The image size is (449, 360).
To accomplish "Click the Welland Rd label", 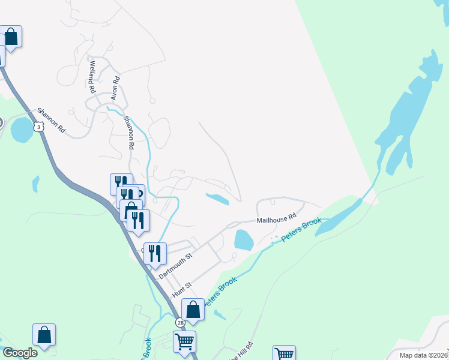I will tap(92, 77).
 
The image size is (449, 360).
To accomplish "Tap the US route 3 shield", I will tap(39, 127).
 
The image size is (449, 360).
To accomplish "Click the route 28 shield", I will tap(181, 322).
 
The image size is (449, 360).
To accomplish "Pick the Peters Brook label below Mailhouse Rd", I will tap(300, 231).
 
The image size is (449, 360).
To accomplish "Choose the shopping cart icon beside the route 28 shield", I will tap(185, 342).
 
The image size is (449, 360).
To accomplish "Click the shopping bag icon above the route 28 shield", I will tap(193, 311).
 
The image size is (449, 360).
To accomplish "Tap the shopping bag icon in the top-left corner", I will tap(11, 37).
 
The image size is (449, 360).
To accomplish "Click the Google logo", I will tap(20, 353).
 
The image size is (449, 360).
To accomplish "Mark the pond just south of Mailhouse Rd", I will tap(243, 240).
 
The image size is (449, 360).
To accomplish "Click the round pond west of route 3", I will tap(22, 130).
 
